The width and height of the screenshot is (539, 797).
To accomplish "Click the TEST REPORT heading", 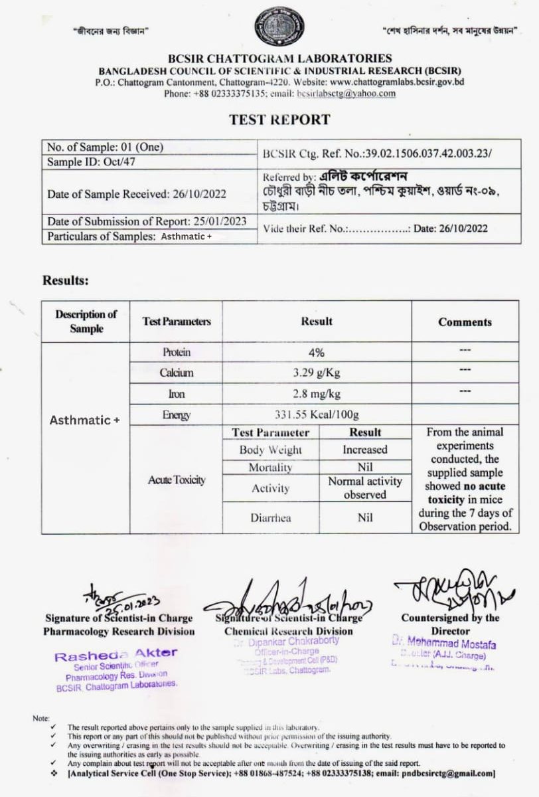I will click(279, 120).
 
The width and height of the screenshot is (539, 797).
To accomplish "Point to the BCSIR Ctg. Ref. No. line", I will click(377, 153).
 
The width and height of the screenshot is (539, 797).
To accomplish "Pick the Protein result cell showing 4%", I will click(317, 352).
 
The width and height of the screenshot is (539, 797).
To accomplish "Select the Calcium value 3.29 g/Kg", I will click(317, 373).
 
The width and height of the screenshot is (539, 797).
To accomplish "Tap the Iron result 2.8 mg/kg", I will click(317, 394).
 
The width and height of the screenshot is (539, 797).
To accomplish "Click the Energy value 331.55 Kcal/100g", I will click(317, 415).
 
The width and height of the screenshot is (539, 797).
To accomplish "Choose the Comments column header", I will click(465, 322).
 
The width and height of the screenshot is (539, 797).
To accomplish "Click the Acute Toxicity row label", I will click(175, 480).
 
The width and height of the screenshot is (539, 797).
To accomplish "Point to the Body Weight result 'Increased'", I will click(365, 450).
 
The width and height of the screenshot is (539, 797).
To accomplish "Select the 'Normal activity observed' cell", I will click(365, 488).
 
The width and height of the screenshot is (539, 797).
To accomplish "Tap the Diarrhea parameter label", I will click(270, 518).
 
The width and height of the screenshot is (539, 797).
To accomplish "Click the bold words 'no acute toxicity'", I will click(465, 493).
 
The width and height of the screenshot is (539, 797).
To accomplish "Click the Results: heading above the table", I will click(66, 280).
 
